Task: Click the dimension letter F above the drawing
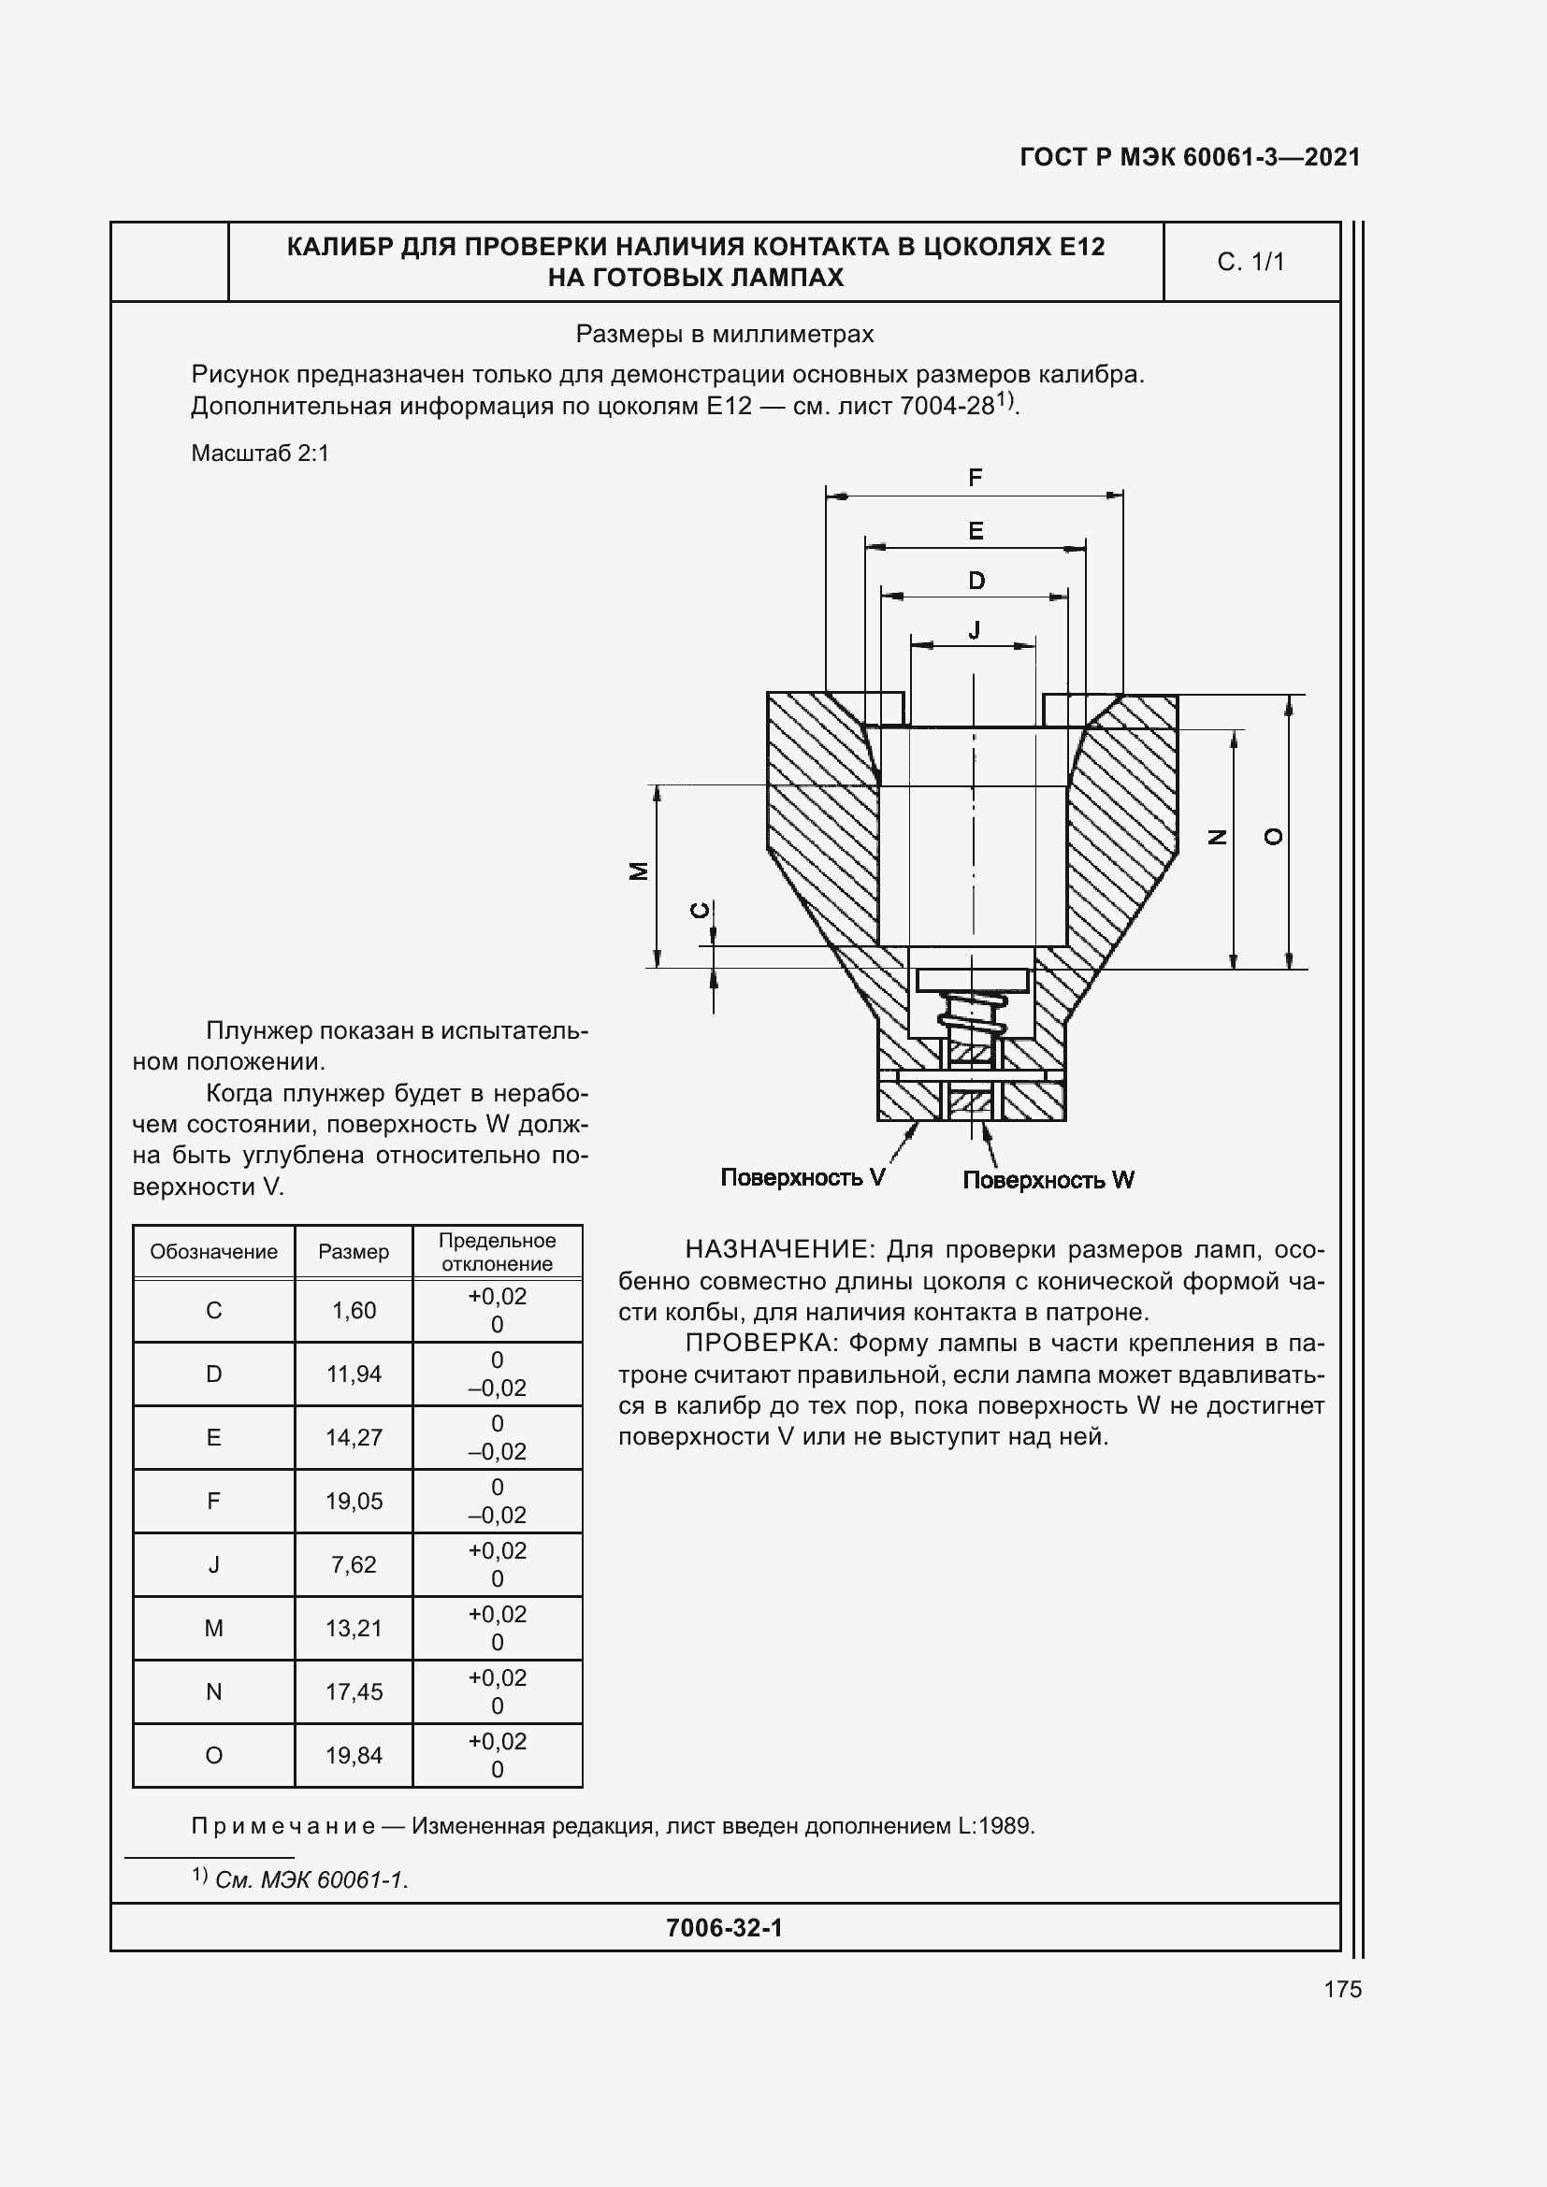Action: (975, 478)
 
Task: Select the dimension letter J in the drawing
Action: (975, 629)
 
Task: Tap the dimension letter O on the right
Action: (1273, 836)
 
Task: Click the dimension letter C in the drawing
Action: (701, 911)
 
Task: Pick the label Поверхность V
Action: (803, 1178)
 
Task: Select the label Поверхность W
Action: (1048, 1180)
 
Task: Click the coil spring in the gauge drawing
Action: (973, 1015)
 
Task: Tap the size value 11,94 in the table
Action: (354, 1374)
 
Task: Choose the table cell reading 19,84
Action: (354, 1756)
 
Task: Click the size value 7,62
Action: (354, 1564)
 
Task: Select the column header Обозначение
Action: (213, 1252)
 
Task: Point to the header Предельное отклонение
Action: (497, 1252)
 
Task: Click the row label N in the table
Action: (213, 1691)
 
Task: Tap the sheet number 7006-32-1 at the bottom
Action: (724, 1928)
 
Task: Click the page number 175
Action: (1342, 1989)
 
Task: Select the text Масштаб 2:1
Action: (260, 453)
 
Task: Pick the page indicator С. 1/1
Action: (1251, 262)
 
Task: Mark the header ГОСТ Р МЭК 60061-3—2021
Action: (1190, 157)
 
